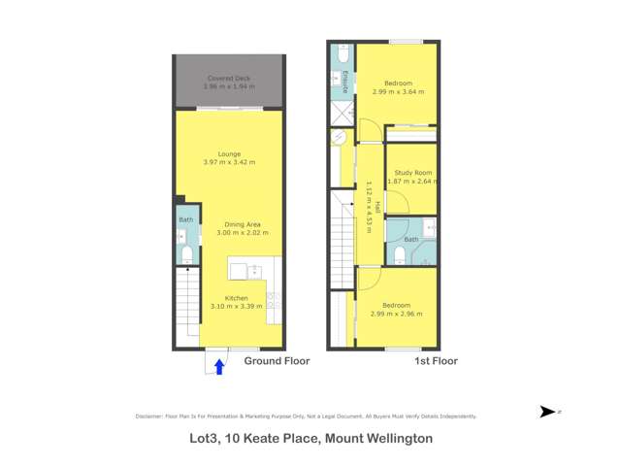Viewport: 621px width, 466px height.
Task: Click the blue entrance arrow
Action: [x=219, y=366]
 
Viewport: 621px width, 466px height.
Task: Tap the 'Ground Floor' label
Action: [x=277, y=361]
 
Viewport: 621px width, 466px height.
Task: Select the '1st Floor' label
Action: [x=436, y=361]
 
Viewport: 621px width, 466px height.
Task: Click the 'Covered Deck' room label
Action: [x=229, y=78]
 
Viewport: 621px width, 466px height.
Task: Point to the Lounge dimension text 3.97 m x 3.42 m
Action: [x=229, y=161]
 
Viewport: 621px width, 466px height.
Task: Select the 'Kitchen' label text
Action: [x=237, y=297]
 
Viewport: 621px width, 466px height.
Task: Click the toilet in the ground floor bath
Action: [x=186, y=254]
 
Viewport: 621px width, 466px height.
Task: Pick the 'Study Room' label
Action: [x=412, y=173]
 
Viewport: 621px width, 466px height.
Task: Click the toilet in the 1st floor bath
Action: [x=400, y=255]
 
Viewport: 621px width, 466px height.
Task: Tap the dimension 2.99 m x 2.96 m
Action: [x=398, y=312]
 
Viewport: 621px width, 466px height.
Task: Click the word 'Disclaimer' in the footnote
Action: [x=150, y=416]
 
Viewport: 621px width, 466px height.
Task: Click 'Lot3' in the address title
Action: [x=203, y=439]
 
